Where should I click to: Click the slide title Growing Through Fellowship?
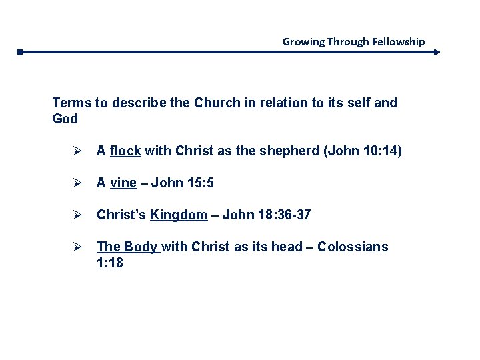(x=353, y=41)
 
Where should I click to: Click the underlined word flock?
(x=125, y=151)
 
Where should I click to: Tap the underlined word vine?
(x=123, y=183)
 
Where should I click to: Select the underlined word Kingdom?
(x=179, y=215)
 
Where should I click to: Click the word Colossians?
(x=353, y=247)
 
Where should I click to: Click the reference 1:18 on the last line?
(x=110, y=263)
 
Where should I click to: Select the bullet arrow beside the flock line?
(x=77, y=151)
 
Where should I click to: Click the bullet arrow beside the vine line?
(x=77, y=183)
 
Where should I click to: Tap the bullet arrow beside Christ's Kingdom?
(x=77, y=215)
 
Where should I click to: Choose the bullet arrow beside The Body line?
(x=77, y=247)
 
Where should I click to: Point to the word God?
(x=65, y=119)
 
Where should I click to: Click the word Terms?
(x=71, y=103)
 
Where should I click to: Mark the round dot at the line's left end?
(x=21, y=51)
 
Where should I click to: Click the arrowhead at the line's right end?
(x=437, y=51)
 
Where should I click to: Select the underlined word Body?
(x=139, y=247)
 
